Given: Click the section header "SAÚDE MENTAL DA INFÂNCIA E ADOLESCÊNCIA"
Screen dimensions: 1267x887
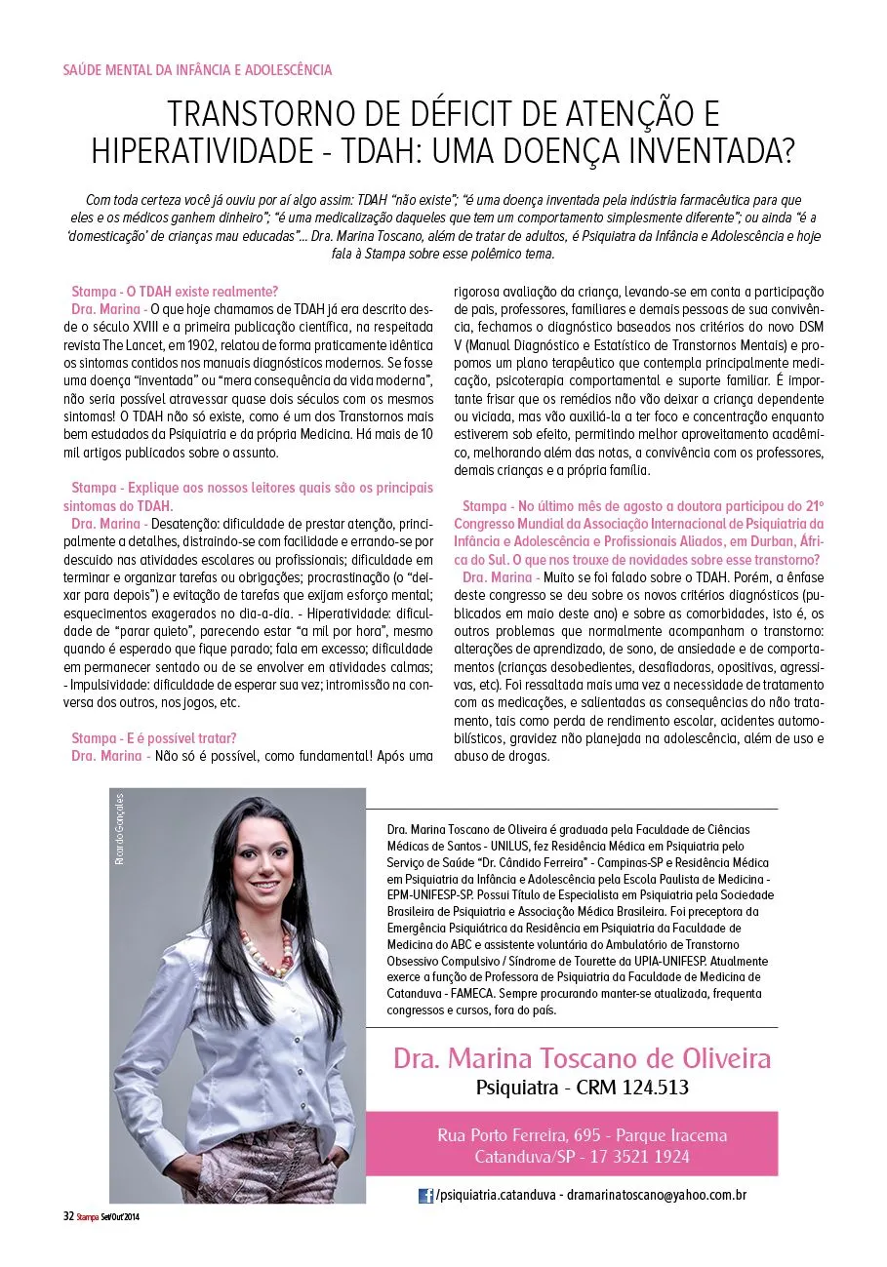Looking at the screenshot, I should pyautogui.click(x=197, y=70).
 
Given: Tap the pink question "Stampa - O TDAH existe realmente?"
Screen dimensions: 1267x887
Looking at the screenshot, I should pyautogui.click(x=176, y=292).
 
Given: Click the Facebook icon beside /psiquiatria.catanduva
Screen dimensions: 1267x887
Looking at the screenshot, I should pyautogui.click(x=426, y=1196).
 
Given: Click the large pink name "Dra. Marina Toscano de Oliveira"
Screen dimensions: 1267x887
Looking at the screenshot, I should pyautogui.click(x=582, y=1057).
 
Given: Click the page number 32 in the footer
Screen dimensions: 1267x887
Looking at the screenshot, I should pyautogui.click(x=68, y=1216).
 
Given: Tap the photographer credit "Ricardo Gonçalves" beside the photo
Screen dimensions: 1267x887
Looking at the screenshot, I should pyautogui.click(x=120, y=830).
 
